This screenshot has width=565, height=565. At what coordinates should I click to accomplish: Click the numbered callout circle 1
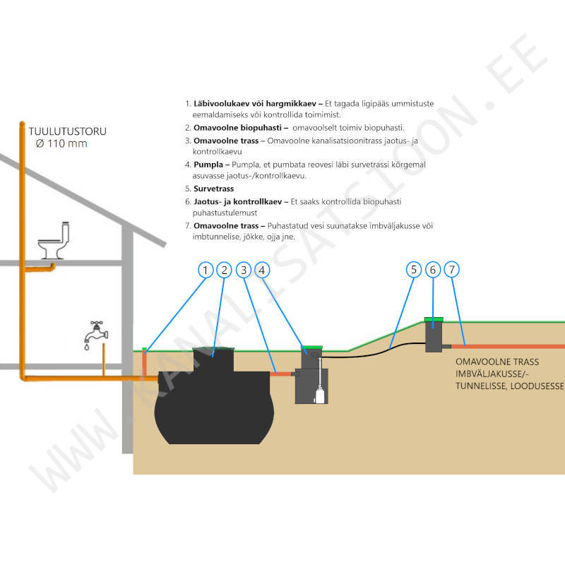(205, 269)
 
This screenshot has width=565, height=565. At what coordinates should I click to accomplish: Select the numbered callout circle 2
(224, 269)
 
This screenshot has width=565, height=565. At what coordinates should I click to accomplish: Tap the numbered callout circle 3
(243, 269)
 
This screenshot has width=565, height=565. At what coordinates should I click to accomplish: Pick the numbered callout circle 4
(262, 269)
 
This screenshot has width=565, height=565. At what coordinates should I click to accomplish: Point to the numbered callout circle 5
(414, 269)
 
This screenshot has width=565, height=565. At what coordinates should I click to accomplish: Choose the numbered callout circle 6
(433, 269)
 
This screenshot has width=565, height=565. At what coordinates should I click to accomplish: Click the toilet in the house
(56, 242)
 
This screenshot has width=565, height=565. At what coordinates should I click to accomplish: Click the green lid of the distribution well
(433, 319)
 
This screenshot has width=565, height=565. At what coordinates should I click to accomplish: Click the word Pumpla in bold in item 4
(209, 164)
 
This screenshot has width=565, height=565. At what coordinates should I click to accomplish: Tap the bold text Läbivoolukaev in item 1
(220, 104)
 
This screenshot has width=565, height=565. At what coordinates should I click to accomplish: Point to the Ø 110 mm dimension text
(61, 143)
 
